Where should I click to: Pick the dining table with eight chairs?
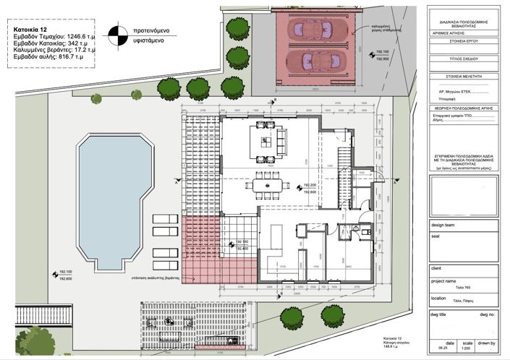[267, 185]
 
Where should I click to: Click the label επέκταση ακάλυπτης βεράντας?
[156, 277]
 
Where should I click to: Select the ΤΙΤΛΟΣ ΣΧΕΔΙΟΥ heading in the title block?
[465, 62]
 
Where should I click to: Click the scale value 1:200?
[469, 348]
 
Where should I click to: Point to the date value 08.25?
[449, 348]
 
